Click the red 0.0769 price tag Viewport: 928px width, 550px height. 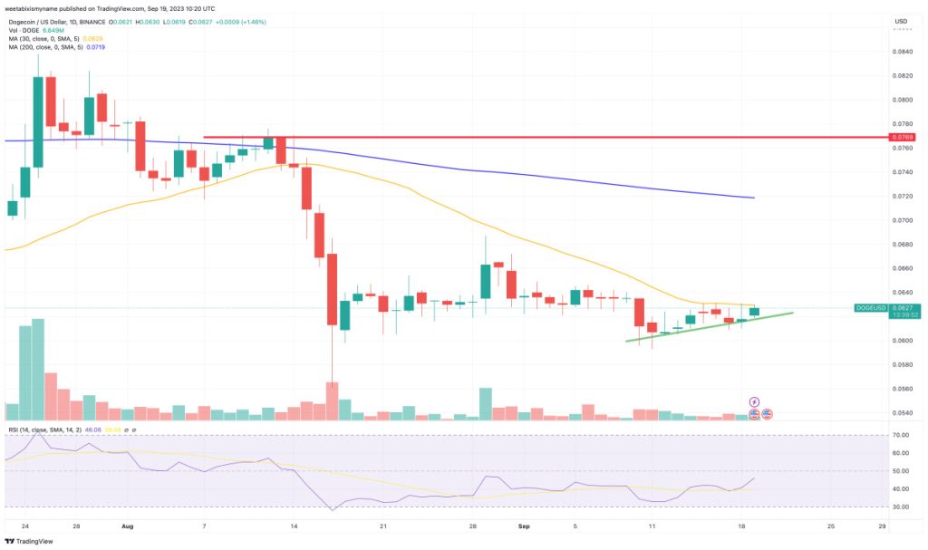[903, 137]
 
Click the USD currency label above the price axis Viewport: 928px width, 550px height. [900, 21]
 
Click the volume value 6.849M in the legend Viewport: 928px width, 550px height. [55, 27]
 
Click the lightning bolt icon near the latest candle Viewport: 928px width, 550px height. [753, 400]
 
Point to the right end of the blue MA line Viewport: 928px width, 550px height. [753, 198]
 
